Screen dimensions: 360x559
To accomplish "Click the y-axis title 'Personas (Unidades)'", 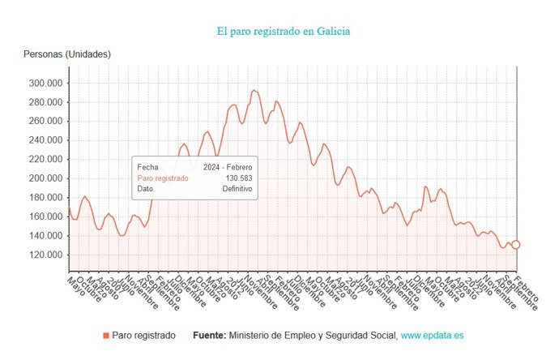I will [x=67, y=54].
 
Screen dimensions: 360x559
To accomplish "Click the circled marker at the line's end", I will [x=515, y=244].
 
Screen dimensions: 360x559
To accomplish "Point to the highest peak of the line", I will [x=254, y=90].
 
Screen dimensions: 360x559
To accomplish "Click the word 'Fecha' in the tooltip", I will [x=148, y=167].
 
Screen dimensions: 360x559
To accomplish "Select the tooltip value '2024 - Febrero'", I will [x=228, y=167].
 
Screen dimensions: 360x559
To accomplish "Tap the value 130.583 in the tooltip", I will [x=238, y=178].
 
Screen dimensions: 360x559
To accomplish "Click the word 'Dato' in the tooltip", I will [x=146, y=188].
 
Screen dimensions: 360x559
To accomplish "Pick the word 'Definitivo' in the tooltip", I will [x=237, y=188].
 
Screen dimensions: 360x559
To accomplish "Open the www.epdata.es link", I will [x=432, y=335].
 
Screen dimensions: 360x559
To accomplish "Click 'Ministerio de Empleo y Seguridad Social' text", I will [x=313, y=335].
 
